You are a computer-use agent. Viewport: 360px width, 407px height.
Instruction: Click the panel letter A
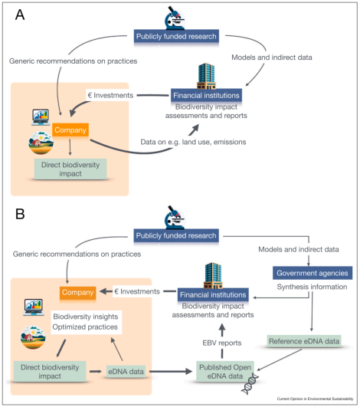(20, 15)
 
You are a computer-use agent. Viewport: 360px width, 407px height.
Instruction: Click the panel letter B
(20, 214)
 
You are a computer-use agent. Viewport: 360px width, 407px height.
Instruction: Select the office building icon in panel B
(213, 275)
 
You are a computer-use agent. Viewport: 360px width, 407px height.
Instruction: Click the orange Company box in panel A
(70, 130)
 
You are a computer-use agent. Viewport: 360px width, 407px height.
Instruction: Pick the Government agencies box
(313, 273)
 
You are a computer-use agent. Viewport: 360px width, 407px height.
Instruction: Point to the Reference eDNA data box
(304, 341)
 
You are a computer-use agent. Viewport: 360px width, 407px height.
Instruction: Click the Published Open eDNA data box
(225, 372)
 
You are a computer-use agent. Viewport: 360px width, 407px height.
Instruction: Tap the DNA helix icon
(250, 384)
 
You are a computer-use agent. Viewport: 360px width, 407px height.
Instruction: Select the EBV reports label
(222, 343)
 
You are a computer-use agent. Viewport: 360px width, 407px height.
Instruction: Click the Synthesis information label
(312, 287)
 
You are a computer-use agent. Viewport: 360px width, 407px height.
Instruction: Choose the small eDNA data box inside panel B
(126, 372)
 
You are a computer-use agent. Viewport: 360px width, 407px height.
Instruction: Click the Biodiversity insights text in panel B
(86, 317)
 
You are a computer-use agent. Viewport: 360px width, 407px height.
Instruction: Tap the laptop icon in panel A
(41, 117)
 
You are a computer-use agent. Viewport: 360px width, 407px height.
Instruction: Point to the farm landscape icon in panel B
(33, 337)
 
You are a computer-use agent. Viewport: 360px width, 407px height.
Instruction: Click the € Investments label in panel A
(111, 95)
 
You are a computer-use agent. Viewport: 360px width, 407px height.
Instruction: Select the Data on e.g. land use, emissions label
(193, 142)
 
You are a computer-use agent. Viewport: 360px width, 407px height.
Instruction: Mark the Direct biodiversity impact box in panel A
(70, 169)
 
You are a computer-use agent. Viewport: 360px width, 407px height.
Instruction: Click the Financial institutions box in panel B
(213, 294)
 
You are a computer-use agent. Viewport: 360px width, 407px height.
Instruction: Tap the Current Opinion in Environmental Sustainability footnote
(315, 399)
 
